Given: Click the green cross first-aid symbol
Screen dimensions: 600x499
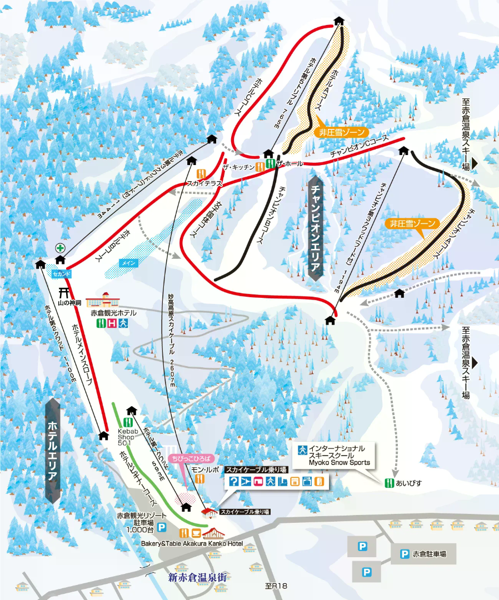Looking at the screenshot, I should pyautogui.click(x=60, y=248).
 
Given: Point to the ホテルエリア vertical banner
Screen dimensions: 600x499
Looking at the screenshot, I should pyautogui.click(x=53, y=451).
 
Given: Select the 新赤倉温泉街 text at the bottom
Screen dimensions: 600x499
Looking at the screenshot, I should pyautogui.click(x=197, y=577).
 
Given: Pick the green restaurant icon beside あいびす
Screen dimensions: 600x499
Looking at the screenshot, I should pyautogui.click(x=390, y=483).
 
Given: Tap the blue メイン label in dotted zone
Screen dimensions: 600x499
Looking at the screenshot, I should pyautogui.click(x=127, y=263).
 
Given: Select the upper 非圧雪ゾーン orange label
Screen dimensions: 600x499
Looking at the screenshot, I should pyautogui.click(x=341, y=132).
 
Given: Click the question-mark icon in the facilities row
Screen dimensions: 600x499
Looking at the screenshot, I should pyautogui.click(x=234, y=482).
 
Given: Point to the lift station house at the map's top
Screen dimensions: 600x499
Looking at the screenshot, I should pyautogui.click(x=339, y=21).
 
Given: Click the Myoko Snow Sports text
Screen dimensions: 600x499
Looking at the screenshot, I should pyautogui.click(x=340, y=462).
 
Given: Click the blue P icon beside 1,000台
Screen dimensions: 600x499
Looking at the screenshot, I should pyautogui.click(x=162, y=527).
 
